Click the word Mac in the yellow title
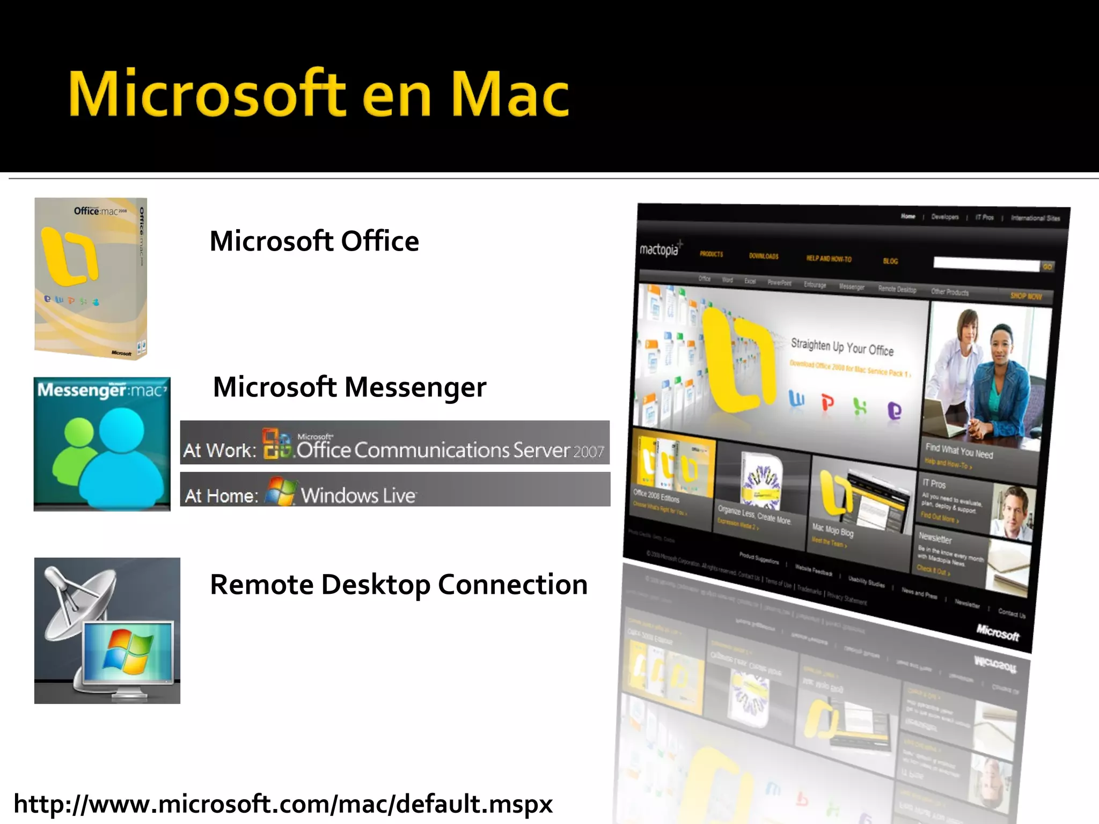(510, 95)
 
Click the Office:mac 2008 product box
(91, 278)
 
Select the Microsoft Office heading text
(314, 241)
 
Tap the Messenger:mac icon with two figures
(102, 444)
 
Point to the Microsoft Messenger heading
(349, 387)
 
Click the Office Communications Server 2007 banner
(395, 443)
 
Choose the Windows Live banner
(395, 489)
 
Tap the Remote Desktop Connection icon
(107, 631)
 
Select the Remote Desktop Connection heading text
(399, 585)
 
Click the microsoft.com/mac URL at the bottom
(283, 804)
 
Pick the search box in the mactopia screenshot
(986, 264)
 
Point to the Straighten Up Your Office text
(842, 347)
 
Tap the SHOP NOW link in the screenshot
(1025, 296)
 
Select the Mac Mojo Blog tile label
(832, 531)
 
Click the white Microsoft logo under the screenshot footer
(998, 632)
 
